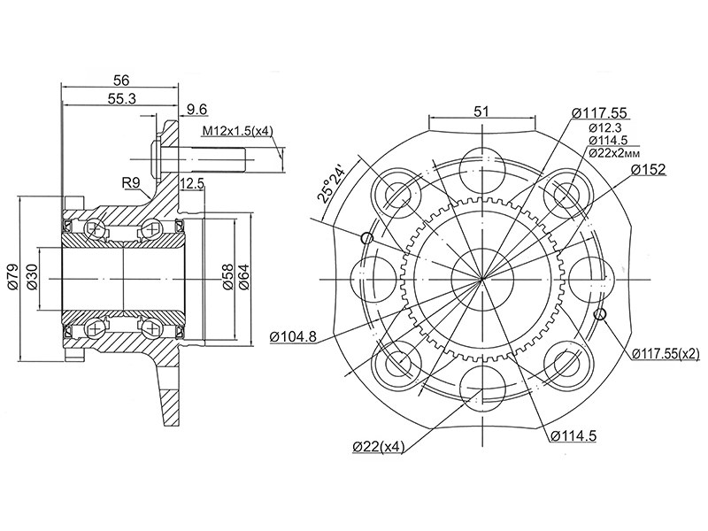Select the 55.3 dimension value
coord(122,100)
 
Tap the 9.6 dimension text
coord(196,110)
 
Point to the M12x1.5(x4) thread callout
coord(237,132)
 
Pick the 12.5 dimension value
coord(192,184)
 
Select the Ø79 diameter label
coord(12,278)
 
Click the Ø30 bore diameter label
coord(32,278)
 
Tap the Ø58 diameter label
coord(227,278)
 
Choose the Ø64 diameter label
coord(244,278)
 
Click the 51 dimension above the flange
coord(482,112)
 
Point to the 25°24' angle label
coord(332,181)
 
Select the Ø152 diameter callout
coord(648,169)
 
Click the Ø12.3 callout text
coord(607,127)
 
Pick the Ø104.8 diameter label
coord(293,336)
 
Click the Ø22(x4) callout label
coord(377,447)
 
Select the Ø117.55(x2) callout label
coord(666,353)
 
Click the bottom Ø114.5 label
coord(574,435)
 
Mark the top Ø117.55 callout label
coord(599,112)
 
